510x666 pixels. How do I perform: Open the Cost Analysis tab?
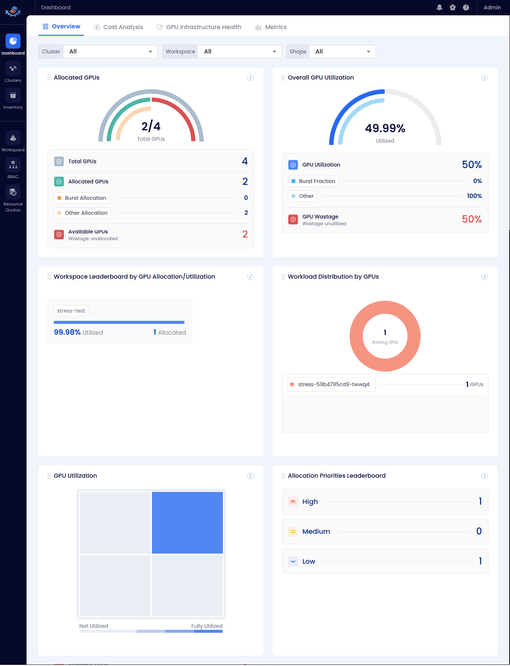(119, 27)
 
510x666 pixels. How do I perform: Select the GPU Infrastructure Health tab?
(199, 27)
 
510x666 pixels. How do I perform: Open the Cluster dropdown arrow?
(150, 52)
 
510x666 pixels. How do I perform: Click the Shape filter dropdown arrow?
(368, 52)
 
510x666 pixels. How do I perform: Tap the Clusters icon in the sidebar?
(13, 69)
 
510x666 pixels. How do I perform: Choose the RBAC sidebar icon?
(13, 165)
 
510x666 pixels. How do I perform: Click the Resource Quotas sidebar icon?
(13, 192)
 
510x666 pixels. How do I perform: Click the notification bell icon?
(439, 7)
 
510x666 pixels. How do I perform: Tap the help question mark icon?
(466, 7)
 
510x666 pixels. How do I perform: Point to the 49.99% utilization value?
(385, 128)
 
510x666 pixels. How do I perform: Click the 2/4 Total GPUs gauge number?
(151, 127)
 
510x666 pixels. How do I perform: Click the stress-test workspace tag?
(71, 311)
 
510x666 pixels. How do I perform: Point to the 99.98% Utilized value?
(67, 332)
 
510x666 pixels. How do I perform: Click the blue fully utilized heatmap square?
(187, 523)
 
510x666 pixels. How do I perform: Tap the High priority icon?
(293, 502)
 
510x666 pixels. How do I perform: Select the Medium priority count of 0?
(479, 531)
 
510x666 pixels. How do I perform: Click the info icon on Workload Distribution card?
(484, 277)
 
